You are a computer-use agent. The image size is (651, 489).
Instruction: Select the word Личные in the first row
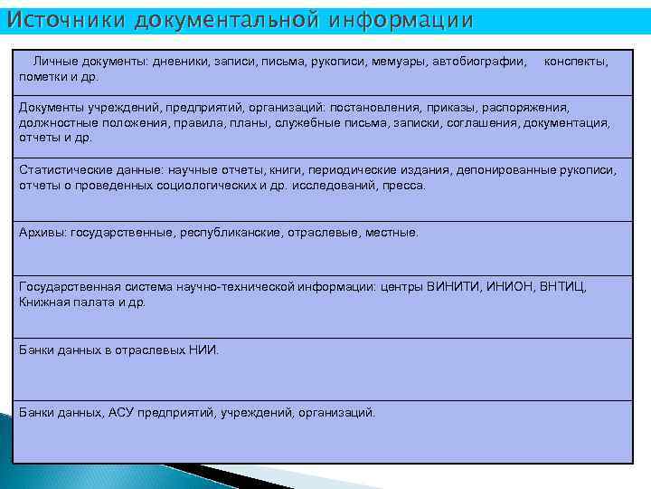(x=54, y=62)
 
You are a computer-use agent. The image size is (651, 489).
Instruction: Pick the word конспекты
(x=576, y=62)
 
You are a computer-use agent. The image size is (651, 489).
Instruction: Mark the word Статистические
(x=64, y=170)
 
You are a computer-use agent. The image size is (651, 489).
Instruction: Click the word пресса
(x=403, y=185)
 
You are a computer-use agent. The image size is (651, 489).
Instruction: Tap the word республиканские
(x=230, y=233)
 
